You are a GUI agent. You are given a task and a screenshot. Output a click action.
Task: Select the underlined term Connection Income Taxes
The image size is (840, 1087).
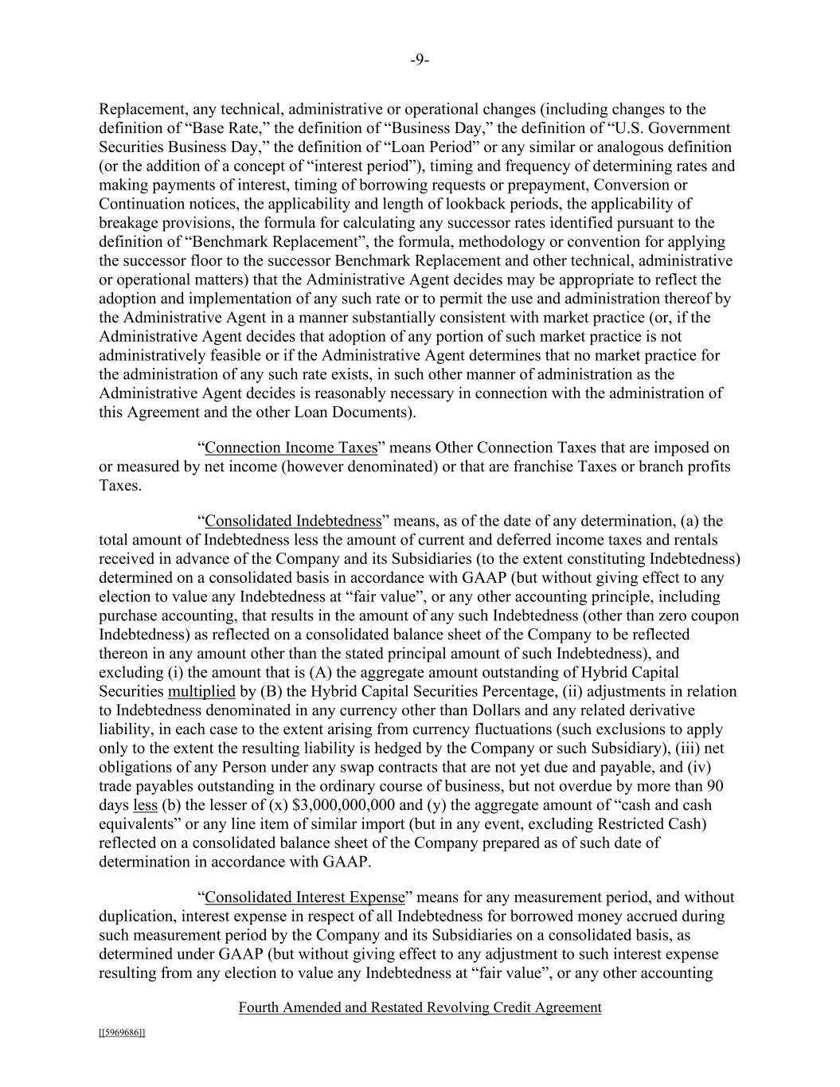291,448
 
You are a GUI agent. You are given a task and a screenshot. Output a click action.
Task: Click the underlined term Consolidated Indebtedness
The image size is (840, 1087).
293,521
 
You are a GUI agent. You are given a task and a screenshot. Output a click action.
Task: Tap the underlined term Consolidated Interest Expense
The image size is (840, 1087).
305,897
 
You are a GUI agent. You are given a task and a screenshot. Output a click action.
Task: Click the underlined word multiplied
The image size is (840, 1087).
201,691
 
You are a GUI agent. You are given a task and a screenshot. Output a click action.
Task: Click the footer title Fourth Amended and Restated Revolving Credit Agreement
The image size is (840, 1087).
420,1007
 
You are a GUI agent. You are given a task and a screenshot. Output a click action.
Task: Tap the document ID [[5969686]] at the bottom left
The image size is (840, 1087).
122,1033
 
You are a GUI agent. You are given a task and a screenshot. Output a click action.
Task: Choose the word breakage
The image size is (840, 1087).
128,223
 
